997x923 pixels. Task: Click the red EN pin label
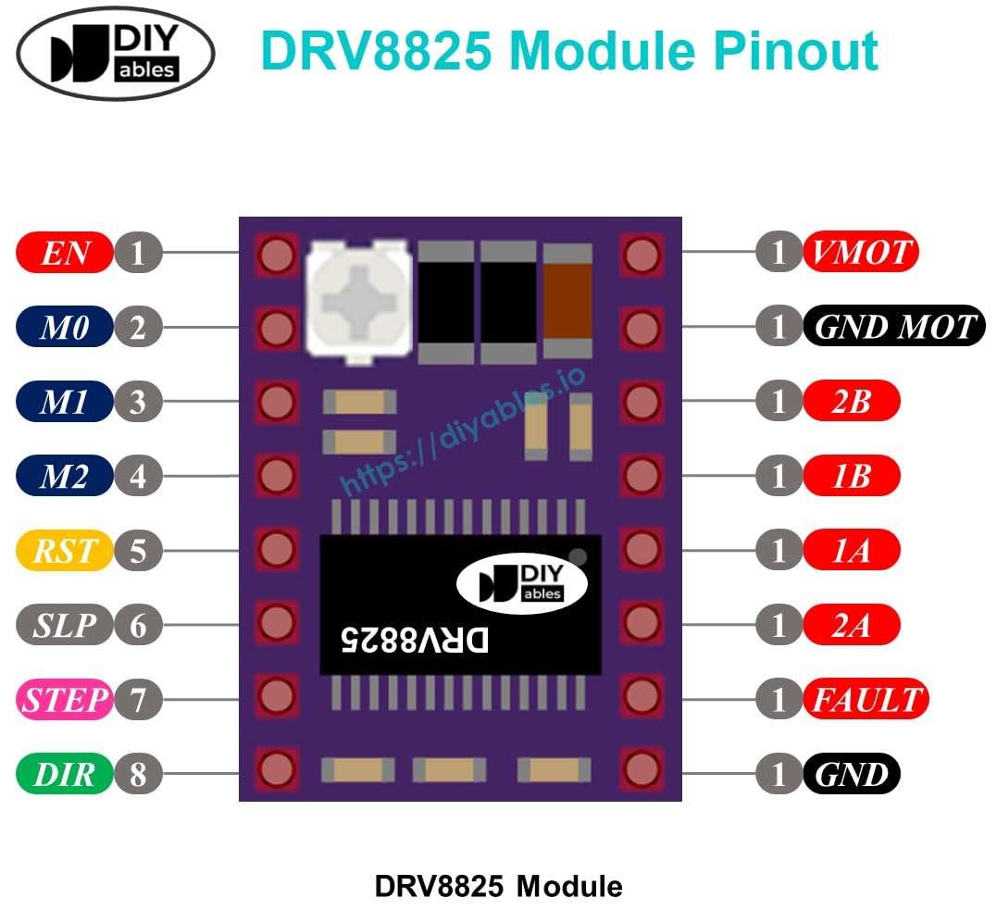(x=64, y=253)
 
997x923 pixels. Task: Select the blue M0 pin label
(x=64, y=327)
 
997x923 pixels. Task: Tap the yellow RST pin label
(x=64, y=552)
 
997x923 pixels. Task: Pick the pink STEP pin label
(x=64, y=700)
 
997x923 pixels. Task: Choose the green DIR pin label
(x=64, y=775)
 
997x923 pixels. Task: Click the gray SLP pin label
(x=64, y=626)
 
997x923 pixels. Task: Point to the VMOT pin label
(x=861, y=252)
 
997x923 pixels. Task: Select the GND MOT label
(x=894, y=327)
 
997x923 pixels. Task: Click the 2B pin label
(x=851, y=402)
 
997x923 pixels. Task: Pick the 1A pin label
(x=851, y=552)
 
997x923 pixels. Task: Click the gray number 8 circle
(x=138, y=775)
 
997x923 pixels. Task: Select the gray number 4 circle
(x=138, y=477)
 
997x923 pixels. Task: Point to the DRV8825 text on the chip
(x=414, y=640)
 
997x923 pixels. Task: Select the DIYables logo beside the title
(x=116, y=53)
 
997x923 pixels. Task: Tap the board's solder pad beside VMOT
(x=641, y=255)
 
